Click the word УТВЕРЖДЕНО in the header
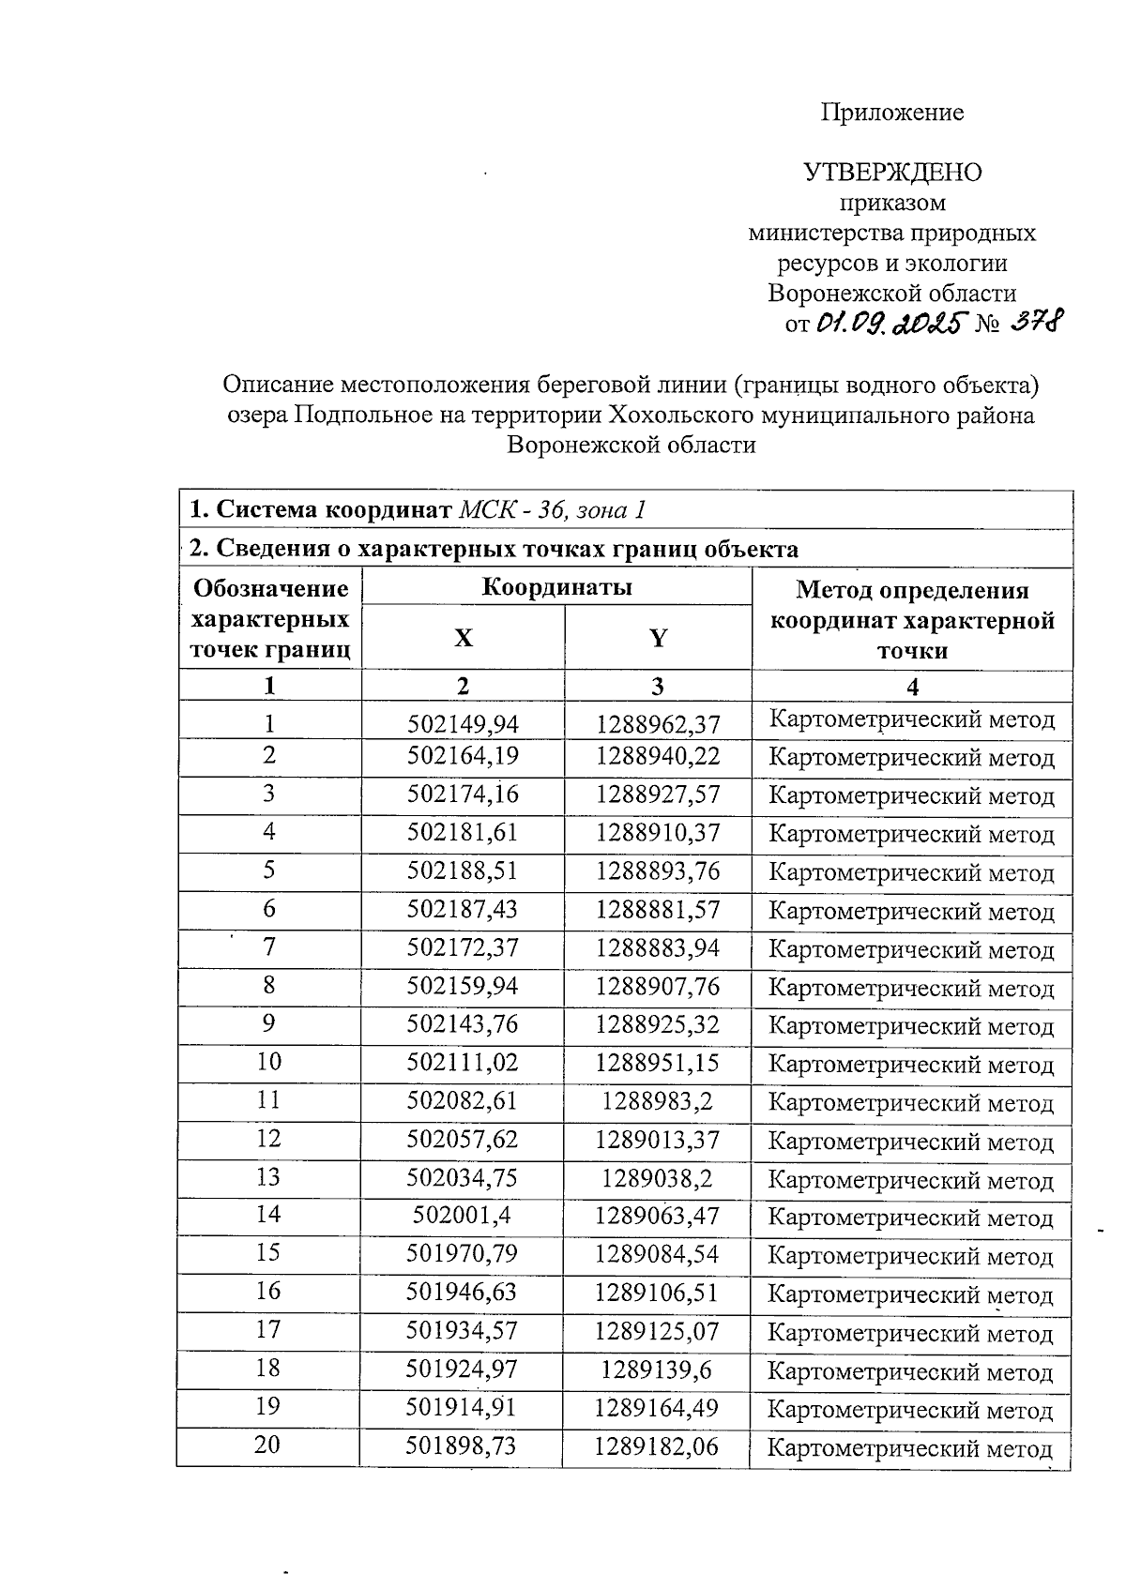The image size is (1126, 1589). click(892, 173)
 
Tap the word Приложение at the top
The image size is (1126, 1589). click(892, 113)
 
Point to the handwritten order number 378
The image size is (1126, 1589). click(1036, 324)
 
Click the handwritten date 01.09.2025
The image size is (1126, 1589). click(890, 325)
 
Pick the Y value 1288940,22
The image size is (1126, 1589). click(658, 757)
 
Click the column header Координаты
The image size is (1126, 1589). click(556, 588)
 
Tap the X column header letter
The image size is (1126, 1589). click(464, 639)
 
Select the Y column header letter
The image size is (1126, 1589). click(658, 639)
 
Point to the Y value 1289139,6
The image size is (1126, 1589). click(657, 1370)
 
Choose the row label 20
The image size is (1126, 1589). click(268, 1445)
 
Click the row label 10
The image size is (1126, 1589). click(268, 1062)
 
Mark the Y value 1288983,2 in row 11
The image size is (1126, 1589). click(657, 1100)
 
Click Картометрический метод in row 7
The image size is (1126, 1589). click(911, 950)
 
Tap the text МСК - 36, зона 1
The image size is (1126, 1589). click(552, 510)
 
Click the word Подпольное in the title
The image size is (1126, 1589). click(362, 415)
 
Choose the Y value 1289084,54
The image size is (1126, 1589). click(657, 1254)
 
